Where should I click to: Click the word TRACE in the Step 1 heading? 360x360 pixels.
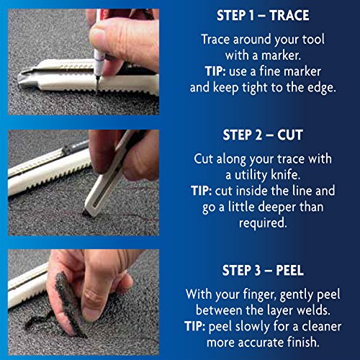[289, 16]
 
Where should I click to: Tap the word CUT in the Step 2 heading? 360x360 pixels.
[290, 135]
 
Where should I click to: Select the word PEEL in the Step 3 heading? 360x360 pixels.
[289, 271]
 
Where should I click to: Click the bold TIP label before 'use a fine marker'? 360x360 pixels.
[215, 71]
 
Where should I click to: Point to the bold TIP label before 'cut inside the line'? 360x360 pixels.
[202, 191]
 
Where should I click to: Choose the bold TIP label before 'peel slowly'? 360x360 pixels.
[195, 327]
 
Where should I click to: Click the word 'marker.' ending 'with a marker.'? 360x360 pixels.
[281, 55]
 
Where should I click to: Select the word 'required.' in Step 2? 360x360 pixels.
[263, 223]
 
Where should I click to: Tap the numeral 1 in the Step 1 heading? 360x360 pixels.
[251, 16]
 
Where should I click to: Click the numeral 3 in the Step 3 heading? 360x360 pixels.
[258, 271]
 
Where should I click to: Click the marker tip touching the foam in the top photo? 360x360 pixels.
[96, 89]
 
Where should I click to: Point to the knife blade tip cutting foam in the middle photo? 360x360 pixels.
[86, 214]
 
